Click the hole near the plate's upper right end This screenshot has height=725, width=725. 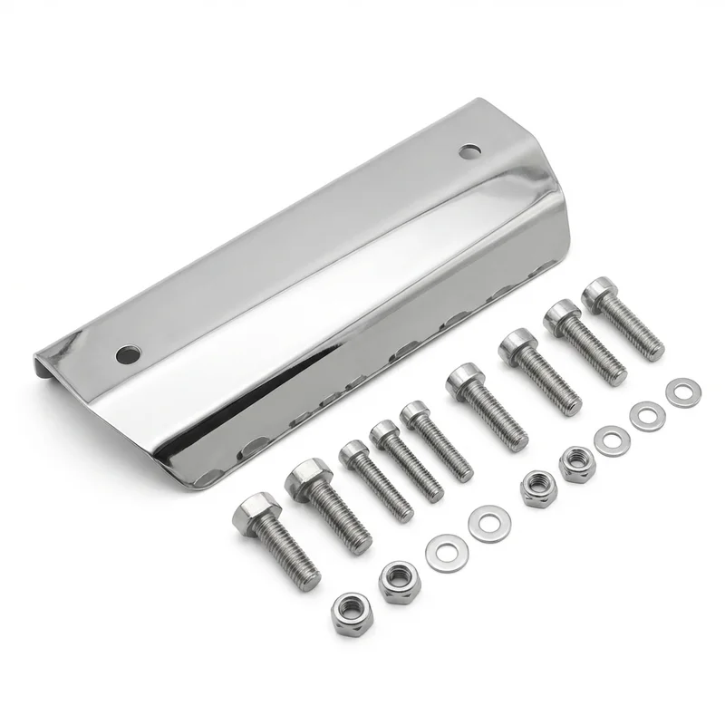coord(469,150)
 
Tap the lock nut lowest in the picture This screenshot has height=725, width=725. coord(350,614)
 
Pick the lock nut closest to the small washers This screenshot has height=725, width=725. coord(574,463)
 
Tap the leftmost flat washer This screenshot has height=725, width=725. coord(442,549)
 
